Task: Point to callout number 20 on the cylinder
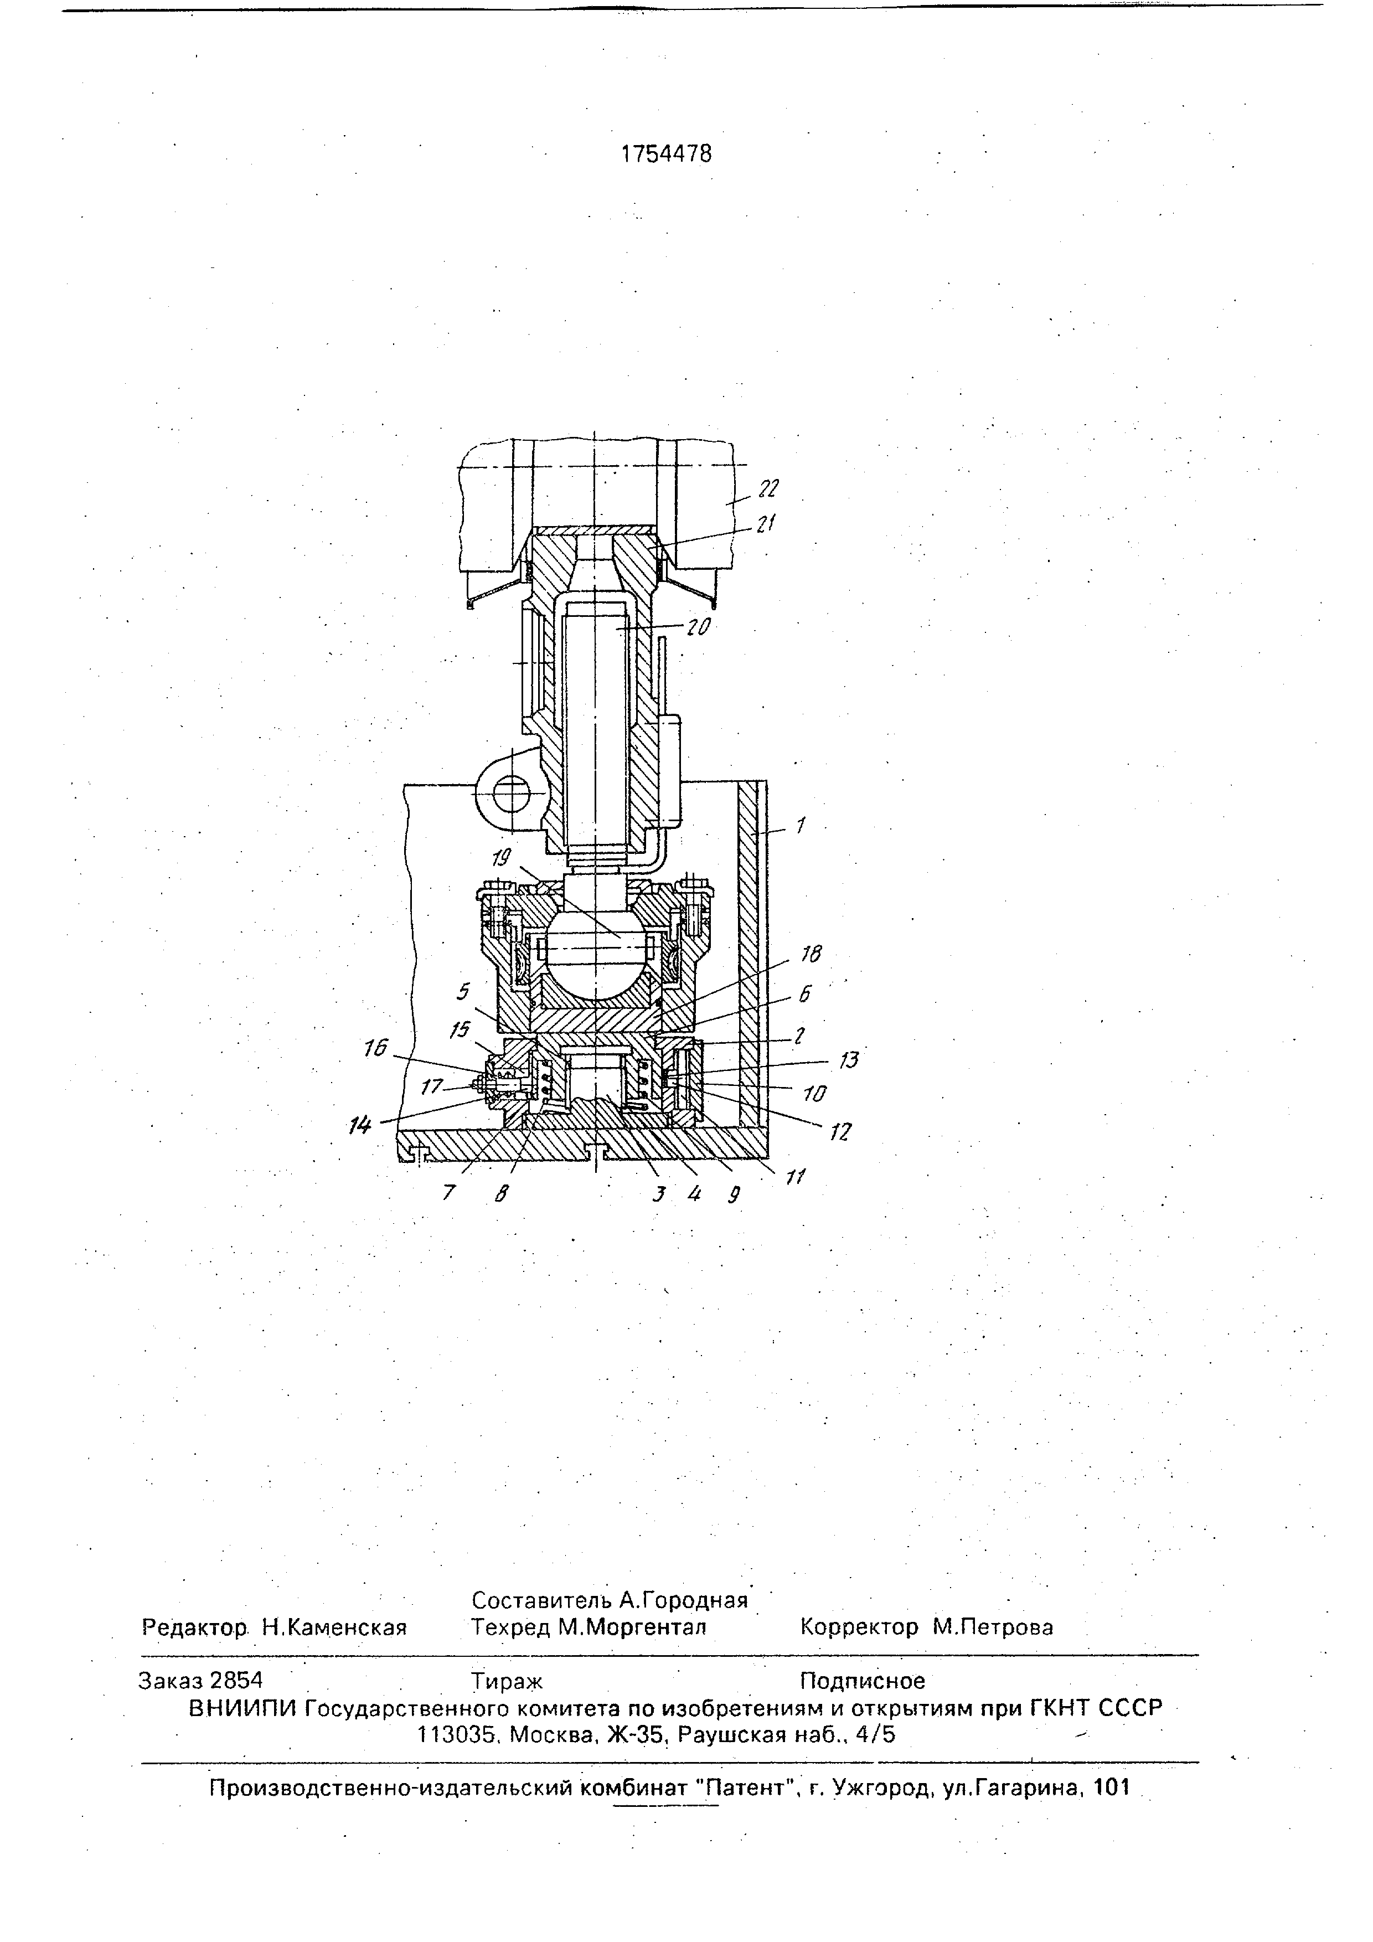(x=698, y=627)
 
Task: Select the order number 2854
(x=236, y=1680)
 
